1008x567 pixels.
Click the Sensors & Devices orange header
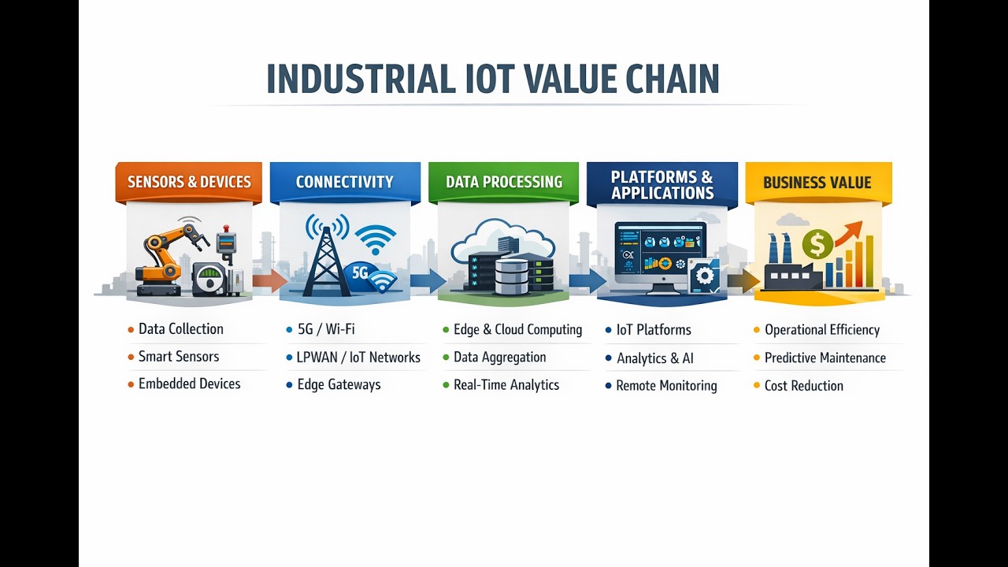[x=189, y=182]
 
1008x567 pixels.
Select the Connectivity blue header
[x=344, y=182]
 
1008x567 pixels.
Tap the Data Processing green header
[x=504, y=182]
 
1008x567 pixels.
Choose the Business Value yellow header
[x=817, y=183]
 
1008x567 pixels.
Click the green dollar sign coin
[x=817, y=244]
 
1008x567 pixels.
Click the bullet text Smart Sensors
[x=179, y=357]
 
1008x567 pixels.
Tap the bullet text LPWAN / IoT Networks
[x=358, y=358]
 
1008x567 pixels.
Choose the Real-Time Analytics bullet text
[x=506, y=385]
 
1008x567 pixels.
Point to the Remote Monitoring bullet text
[x=666, y=386]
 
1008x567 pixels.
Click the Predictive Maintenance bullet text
[x=825, y=358]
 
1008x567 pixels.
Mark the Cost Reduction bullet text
[x=803, y=386]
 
